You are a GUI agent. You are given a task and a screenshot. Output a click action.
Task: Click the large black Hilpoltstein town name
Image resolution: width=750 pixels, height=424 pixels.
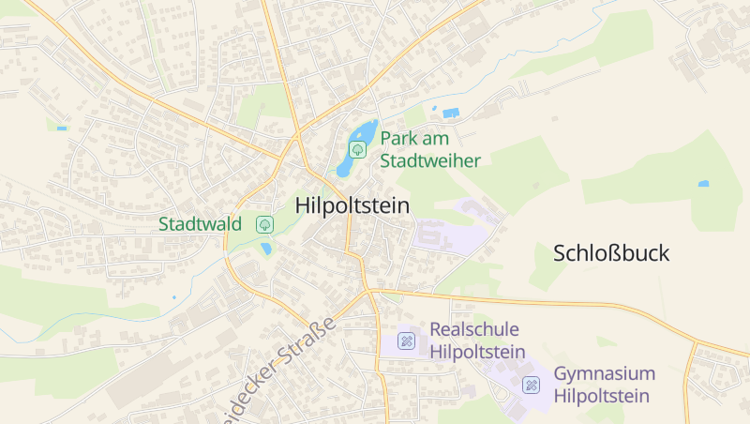click(352, 205)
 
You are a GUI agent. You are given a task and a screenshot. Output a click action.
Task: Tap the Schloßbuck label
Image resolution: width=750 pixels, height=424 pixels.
click(611, 253)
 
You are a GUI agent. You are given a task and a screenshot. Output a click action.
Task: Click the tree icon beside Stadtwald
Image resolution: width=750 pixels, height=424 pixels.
click(264, 224)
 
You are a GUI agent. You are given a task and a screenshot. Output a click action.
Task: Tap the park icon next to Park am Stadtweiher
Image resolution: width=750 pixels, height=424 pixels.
click(357, 149)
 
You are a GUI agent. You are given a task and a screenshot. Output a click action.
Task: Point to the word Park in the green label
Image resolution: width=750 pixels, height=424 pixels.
click(398, 139)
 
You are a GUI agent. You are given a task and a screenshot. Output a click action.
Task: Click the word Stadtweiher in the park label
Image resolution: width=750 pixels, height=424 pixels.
click(430, 160)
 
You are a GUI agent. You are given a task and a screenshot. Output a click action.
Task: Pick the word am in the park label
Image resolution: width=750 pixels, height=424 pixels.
click(437, 139)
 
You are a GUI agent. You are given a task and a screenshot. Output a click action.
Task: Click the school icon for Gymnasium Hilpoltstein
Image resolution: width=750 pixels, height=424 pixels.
click(532, 385)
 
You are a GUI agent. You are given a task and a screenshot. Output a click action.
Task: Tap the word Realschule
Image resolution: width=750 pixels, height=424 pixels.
click(473, 330)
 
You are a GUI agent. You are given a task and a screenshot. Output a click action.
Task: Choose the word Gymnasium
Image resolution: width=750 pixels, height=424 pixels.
click(604, 373)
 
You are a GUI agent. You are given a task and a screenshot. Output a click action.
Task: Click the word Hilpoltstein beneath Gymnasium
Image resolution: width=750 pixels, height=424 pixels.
click(601, 396)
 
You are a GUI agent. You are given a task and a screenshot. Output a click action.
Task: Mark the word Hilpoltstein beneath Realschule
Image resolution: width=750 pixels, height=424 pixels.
click(476, 353)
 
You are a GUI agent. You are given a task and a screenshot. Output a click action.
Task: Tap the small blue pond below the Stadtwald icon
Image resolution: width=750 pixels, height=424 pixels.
click(266, 250)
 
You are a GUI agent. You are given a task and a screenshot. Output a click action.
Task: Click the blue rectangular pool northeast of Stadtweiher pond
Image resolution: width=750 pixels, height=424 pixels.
click(451, 114)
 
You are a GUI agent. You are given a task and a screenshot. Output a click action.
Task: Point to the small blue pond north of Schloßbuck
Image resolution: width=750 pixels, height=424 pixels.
click(703, 184)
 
